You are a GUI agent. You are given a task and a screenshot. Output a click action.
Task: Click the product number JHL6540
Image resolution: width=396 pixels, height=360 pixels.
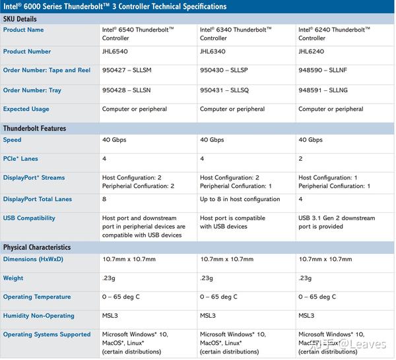tap(115, 51)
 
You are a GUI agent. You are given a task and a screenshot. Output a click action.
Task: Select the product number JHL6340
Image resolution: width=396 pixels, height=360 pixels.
tap(213, 51)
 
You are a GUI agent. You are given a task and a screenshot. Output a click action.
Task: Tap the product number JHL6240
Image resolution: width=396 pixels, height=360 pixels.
tap(312, 51)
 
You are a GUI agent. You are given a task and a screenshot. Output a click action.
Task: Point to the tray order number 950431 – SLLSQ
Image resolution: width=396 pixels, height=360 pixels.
tap(226, 90)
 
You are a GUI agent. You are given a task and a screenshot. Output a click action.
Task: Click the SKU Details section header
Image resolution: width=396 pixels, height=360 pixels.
tap(22, 18)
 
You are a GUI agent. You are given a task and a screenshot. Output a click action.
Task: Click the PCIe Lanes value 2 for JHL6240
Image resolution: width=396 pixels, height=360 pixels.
tap(301, 159)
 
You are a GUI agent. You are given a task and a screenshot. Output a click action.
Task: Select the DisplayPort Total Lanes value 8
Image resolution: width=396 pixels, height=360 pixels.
tap(104, 199)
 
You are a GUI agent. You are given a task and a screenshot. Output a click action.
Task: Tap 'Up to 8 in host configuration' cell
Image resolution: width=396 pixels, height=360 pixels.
tap(240, 199)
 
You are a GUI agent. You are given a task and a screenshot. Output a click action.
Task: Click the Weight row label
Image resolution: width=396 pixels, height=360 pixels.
tap(13, 278)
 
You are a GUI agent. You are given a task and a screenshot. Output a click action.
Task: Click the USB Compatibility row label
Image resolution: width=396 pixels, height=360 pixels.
tap(29, 218)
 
